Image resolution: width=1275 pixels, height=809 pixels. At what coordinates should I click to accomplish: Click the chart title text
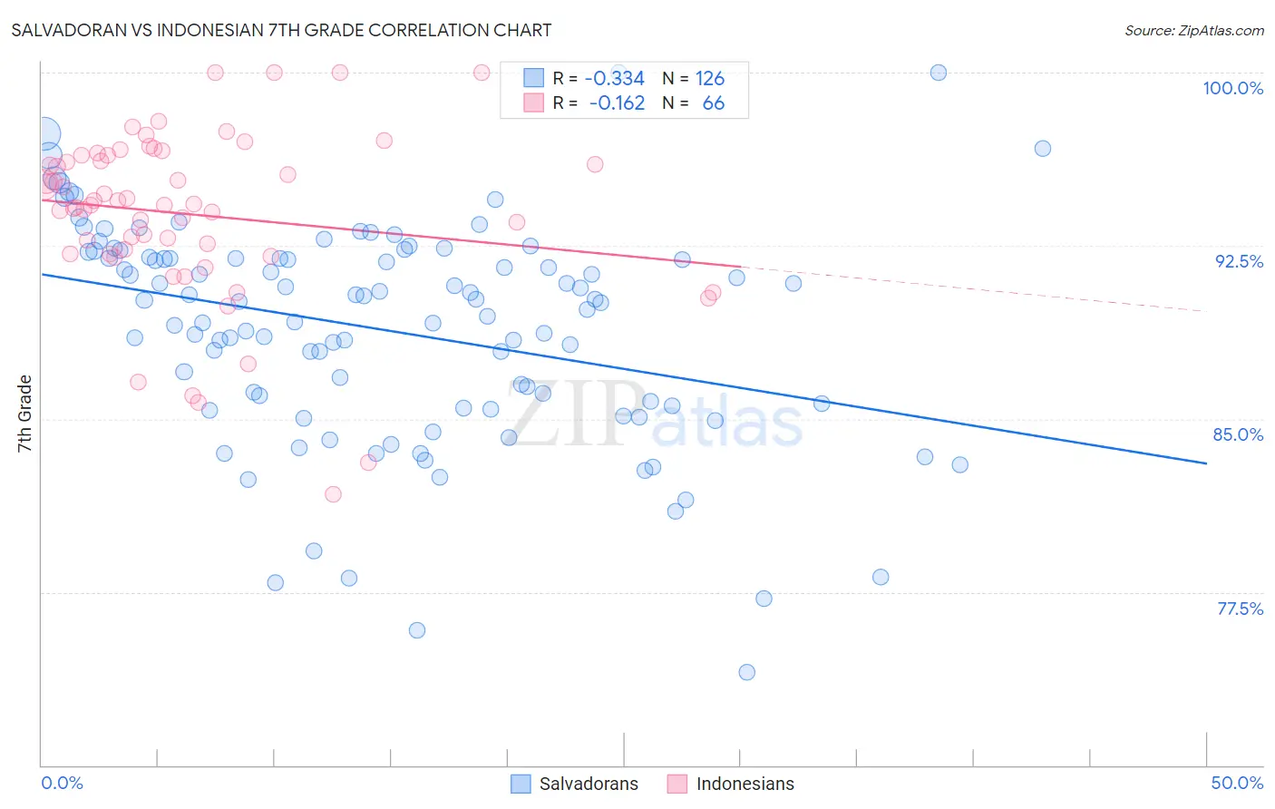click(x=280, y=31)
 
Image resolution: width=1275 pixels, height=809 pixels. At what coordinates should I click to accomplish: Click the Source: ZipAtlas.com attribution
click(x=1193, y=31)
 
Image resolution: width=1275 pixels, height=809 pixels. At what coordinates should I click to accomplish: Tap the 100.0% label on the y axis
click(x=1232, y=88)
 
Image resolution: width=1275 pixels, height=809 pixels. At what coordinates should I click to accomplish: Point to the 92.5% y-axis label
click(x=1239, y=261)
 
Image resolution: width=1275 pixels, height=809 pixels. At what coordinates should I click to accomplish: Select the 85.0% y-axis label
click(x=1238, y=434)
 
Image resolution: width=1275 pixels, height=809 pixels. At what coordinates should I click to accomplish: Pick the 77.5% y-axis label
click(x=1240, y=609)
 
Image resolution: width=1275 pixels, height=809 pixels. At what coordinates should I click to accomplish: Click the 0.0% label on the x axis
click(x=62, y=783)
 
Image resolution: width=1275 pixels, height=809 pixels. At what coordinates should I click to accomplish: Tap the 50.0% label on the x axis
click(x=1237, y=783)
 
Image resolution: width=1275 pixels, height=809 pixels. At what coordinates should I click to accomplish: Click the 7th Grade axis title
click(x=24, y=414)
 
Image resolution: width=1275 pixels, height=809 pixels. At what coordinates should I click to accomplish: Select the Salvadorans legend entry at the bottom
click(x=575, y=784)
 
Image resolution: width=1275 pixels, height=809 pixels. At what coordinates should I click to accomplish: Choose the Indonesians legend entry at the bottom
click(x=731, y=784)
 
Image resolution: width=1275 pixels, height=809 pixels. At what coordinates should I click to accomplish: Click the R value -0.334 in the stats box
click(x=614, y=79)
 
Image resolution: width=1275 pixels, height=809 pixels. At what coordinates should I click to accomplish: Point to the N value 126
click(x=710, y=79)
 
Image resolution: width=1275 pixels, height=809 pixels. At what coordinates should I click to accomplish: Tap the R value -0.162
click(x=617, y=103)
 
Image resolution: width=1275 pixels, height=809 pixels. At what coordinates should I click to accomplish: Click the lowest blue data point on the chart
click(x=747, y=672)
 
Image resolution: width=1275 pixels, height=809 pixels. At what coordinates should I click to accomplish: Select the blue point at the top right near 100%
click(x=939, y=73)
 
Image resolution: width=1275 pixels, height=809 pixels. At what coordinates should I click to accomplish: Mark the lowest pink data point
click(x=333, y=494)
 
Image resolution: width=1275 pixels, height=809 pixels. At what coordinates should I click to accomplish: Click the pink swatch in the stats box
click(x=533, y=103)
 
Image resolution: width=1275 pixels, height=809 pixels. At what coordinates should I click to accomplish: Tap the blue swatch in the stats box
click(x=533, y=79)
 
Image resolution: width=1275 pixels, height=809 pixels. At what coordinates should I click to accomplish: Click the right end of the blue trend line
click(x=1206, y=463)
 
